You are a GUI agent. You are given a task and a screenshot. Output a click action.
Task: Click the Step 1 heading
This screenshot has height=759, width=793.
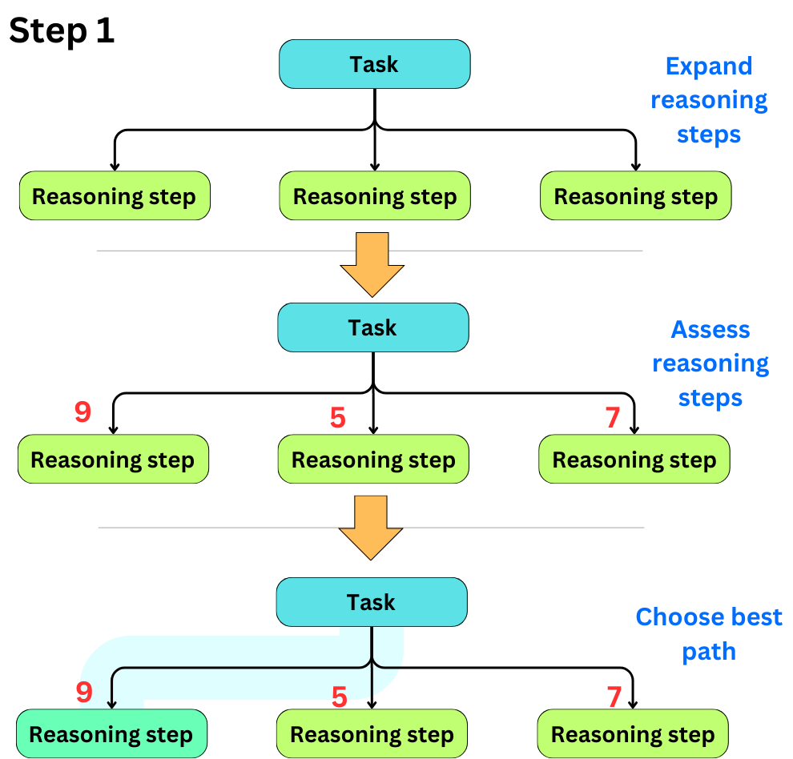click(62, 31)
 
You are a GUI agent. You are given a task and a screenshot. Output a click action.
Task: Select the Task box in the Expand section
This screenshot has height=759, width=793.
click(374, 64)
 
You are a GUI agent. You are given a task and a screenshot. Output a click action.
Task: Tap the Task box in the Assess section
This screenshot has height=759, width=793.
click(372, 327)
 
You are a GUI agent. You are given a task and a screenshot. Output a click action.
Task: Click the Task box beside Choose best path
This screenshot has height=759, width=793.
click(371, 602)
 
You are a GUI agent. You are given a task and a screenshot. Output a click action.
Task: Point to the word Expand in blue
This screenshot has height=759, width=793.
click(709, 66)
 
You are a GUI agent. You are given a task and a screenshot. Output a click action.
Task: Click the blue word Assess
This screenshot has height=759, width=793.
click(710, 329)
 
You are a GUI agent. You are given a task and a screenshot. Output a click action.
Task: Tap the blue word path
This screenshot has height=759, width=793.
click(709, 652)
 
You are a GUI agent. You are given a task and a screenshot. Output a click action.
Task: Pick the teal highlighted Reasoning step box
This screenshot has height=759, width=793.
click(111, 734)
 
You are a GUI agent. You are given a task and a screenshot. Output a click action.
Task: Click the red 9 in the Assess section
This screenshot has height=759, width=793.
click(83, 412)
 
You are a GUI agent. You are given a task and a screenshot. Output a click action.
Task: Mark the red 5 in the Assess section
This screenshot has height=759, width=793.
click(338, 417)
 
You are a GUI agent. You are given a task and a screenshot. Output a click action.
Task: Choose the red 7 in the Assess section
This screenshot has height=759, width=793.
click(613, 417)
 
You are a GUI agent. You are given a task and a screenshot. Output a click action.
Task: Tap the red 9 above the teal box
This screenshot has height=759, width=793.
click(84, 693)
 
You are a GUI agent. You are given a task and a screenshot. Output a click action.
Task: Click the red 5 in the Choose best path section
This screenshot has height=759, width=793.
click(340, 697)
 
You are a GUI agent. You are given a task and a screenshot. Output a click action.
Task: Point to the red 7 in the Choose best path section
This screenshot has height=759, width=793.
click(614, 697)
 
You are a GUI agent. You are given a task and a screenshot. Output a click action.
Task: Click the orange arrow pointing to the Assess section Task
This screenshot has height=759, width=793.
click(372, 264)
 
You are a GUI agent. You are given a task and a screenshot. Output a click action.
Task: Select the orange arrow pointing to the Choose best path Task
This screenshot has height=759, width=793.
click(371, 527)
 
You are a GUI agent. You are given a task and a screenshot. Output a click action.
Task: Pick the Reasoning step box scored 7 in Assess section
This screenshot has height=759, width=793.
click(634, 460)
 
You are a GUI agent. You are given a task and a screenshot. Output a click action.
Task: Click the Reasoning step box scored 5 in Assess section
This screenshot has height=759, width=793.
click(372, 460)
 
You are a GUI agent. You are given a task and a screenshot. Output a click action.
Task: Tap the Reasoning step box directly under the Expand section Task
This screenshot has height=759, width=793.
click(374, 196)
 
